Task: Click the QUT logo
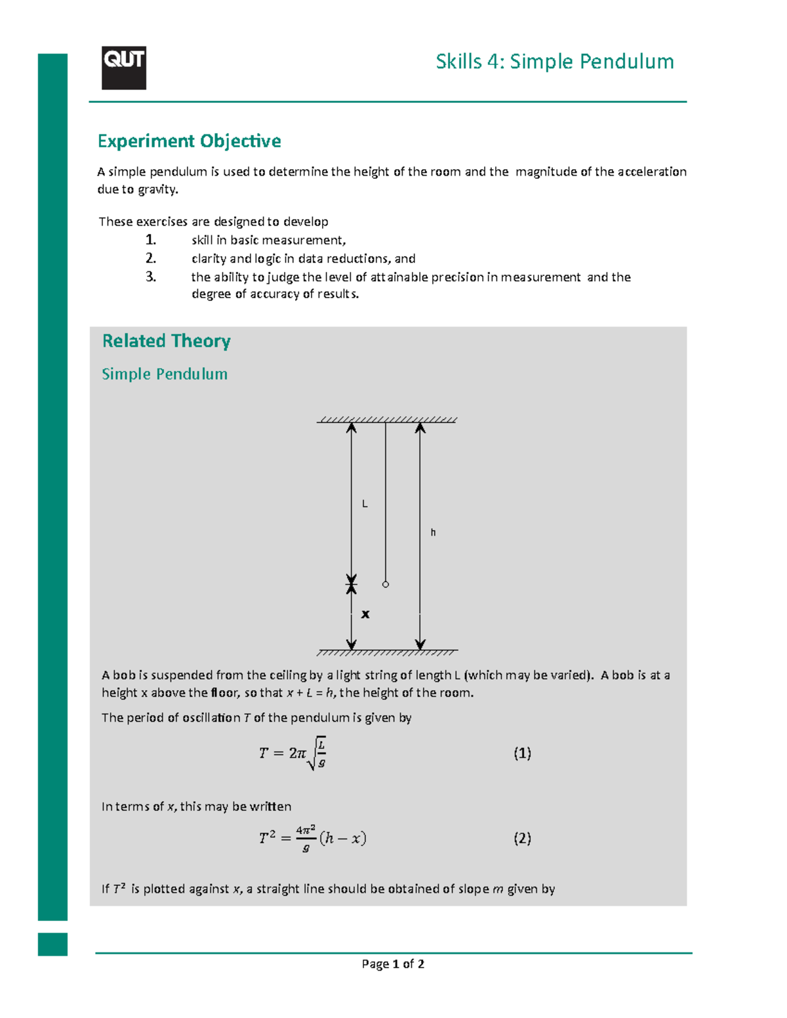[123, 68]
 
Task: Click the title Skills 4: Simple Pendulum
[554, 62]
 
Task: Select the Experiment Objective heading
[189, 141]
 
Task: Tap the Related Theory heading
[166, 341]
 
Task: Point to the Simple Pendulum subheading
[164, 374]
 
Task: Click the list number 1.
[151, 240]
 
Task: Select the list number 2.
[151, 258]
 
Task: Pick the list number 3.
[151, 277]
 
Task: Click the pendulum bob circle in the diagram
[386, 584]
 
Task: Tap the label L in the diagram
[365, 504]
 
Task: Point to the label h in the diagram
[433, 533]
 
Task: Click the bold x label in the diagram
[365, 614]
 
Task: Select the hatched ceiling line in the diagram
[387, 420]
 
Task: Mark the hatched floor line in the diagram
[387, 652]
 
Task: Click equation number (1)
[522, 753]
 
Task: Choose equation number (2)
[522, 838]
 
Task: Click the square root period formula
[293, 753]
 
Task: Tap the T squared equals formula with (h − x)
[312, 838]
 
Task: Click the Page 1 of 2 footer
[393, 964]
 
